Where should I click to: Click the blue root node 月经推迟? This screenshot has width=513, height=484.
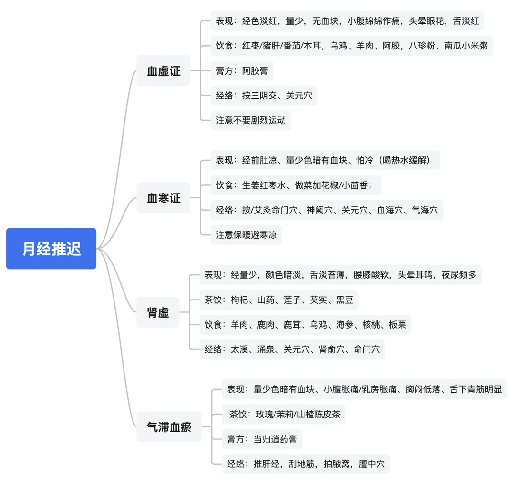click(x=51, y=249)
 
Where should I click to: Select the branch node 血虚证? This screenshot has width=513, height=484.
click(x=163, y=71)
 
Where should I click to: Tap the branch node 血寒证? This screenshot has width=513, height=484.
click(x=163, y=198)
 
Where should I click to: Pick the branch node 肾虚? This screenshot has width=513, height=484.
click(x=158, y=312)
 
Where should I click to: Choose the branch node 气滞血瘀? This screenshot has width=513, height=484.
click(x=169, y=426)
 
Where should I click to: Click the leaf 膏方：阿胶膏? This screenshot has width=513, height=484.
click(x=242, y=71)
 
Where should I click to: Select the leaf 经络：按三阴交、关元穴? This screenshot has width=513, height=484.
click(x=264, y=96)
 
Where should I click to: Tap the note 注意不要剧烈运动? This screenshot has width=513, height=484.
click(x=251, y=120)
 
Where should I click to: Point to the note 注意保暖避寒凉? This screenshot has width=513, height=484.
click(x=246, y=235)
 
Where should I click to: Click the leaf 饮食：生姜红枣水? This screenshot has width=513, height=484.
click(x=296, y=185)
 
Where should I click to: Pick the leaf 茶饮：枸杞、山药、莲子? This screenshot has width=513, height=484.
click(x=278, y=300)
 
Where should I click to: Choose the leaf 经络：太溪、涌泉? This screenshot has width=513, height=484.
click(x=292, y=349)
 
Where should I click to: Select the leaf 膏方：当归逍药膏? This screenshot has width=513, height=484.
click(x=262, y=439)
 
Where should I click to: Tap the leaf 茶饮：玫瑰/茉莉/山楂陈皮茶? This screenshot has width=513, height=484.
click(x=284, y=414)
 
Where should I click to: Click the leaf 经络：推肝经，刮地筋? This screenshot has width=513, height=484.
click(x=305, y=464)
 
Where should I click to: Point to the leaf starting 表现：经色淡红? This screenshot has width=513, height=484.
click(x=347, y=21)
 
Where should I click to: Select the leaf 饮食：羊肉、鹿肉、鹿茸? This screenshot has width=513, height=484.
click(x=305, y=325)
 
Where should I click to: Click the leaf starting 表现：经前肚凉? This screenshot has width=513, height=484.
click(x=325, y=160)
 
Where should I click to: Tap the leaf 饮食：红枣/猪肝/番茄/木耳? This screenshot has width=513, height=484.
click(x=351, y=46)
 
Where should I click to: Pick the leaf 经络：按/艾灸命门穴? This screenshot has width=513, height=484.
click(x=327, y=210)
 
